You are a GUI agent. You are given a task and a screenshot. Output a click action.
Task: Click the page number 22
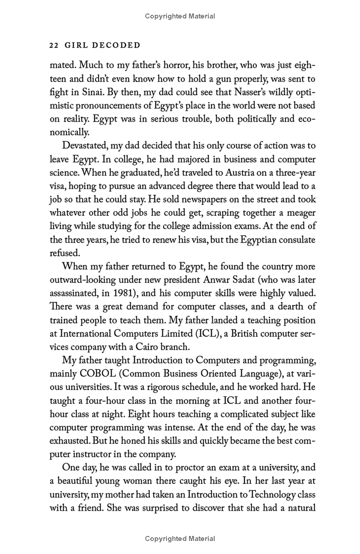[x=54, y=45]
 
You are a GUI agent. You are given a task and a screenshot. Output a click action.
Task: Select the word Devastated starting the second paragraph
[x=87, y=146]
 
